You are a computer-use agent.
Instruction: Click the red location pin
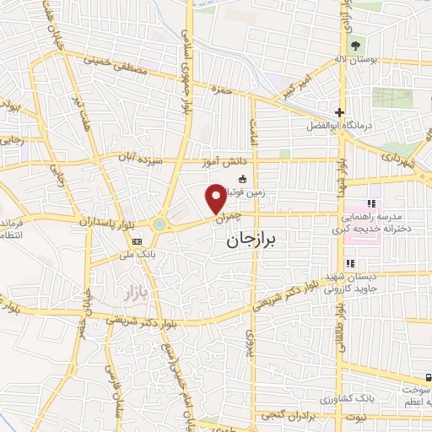pos(216,198)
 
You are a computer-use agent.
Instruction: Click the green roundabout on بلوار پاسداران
pos(159,224)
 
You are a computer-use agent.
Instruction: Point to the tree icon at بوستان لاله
pos(355,45)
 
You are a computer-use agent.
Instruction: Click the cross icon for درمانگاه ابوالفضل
pos(338,112)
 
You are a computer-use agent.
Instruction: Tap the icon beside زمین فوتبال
pos(243,178)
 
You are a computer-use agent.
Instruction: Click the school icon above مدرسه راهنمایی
pos(371,203)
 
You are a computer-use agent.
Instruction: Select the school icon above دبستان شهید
pos(351,264)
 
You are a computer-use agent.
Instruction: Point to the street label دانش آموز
pos(219,160)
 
